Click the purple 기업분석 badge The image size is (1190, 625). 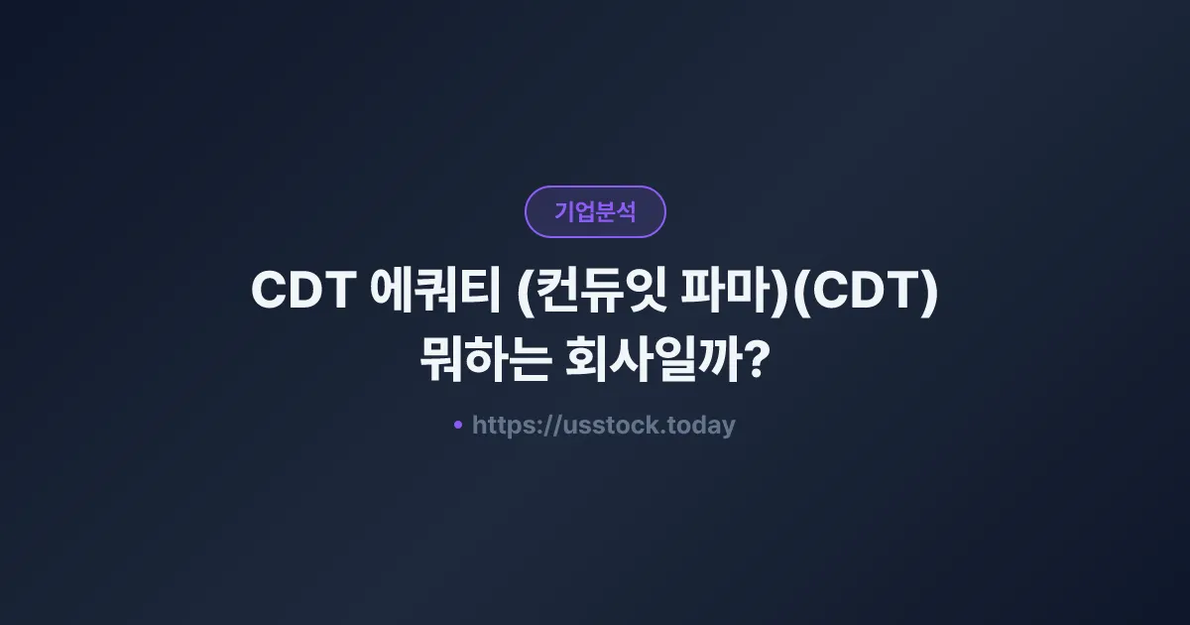coord(595,211)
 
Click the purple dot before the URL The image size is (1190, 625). coord(458,425)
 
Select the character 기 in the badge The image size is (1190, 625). coord(564,211)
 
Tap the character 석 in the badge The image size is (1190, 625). coord(626,211)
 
